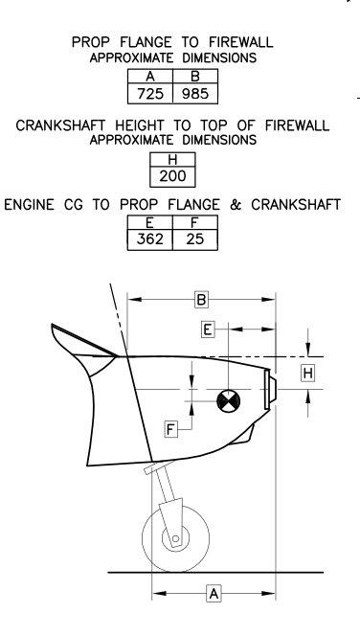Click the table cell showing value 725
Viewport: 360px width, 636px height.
coord(150,94)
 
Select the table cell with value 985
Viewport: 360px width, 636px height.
coord(195,94)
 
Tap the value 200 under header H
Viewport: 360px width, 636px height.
coord(172,176)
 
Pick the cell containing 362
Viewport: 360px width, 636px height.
coord(150,239)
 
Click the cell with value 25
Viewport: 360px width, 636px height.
coord(195,239)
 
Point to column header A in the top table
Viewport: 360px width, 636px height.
coord(150,77)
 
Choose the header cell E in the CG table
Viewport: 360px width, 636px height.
coord(150,222)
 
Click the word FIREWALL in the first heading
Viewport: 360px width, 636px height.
coord(241,42)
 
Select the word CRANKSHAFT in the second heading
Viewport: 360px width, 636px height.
coord(61,125)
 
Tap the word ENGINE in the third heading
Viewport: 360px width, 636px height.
coord(29,204)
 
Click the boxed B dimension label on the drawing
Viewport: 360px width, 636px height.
coord(201,300)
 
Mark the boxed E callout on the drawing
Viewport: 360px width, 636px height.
coord(208,329)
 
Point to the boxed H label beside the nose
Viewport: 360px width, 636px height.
coord(308,374)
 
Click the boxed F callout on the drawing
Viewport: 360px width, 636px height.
coord(171,429)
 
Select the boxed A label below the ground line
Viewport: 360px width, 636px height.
coord(214,594)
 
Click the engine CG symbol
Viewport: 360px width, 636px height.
coord(229,401)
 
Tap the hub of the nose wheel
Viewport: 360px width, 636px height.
coord(175,538)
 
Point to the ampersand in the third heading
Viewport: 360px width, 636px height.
coord(236,204)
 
